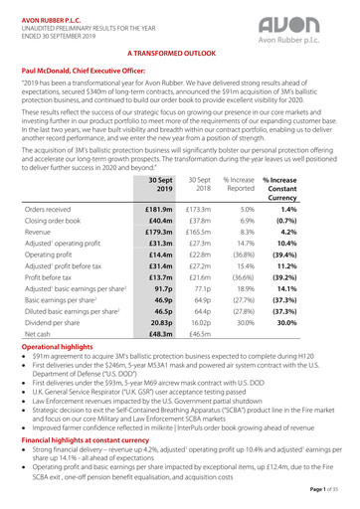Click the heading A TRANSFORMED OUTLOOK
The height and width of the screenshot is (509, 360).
(180, 51)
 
